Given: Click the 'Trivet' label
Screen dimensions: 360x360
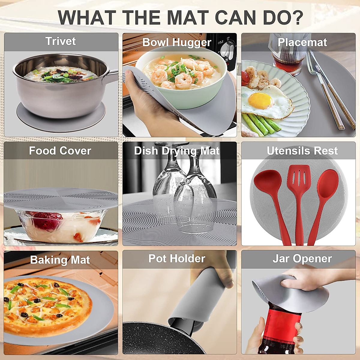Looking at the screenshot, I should tap(61, 41).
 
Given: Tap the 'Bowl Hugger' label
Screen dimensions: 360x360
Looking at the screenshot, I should tap(177, 42).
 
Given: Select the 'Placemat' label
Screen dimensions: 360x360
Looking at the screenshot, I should tap(302, 42).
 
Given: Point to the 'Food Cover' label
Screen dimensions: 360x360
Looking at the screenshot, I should tap(60, 151).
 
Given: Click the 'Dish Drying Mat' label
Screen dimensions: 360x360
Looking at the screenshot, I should tap(177, 151).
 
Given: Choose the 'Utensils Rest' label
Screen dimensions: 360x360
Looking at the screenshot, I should tap(302, 151).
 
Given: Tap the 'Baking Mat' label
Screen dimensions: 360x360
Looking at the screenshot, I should tap(60, 260).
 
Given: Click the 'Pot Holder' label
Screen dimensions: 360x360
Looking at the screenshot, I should tap(177, 259).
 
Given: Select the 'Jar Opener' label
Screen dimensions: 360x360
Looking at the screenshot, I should tap(302, 259).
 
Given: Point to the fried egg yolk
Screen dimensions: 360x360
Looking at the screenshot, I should tap(261, 100).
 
